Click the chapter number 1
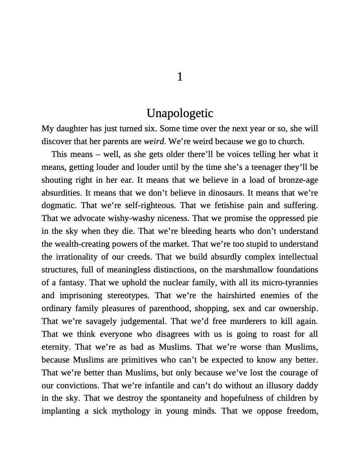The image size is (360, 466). (180, 77)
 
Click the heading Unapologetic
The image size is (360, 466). (180, 113)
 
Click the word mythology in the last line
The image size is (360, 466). (131, 412)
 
